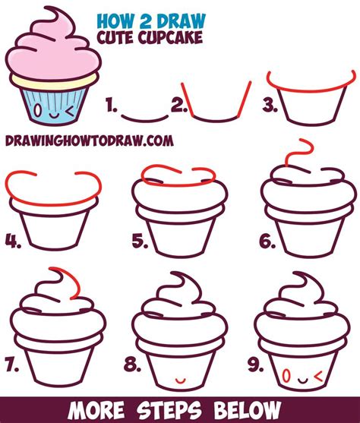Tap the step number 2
click(178, 107)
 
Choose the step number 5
click(139, 241)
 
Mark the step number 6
click(267, 241)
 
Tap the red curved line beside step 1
click(144, 115)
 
